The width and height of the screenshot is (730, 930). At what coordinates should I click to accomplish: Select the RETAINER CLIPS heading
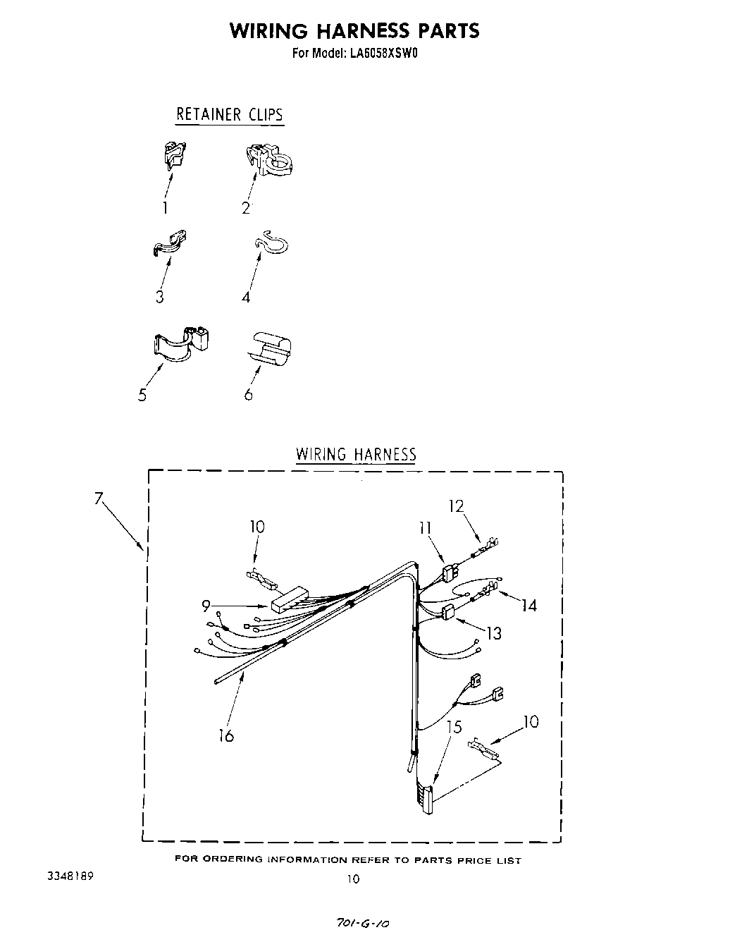tap(229, 114)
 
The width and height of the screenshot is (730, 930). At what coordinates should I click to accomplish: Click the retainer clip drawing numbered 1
tap(173, 155)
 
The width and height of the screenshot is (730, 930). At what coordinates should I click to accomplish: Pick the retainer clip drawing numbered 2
tap(271, 161)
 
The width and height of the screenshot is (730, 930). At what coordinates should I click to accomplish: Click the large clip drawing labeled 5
tap(182, 342)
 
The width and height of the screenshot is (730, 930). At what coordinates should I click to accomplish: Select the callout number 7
tap(99, 499)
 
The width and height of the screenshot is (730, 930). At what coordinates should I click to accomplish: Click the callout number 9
tap(206, 605)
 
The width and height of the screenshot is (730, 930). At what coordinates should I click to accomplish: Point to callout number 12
tap(456, 506)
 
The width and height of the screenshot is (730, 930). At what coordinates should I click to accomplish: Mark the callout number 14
tap(528, 605)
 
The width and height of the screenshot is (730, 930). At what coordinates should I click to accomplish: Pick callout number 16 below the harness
tap(225, 735)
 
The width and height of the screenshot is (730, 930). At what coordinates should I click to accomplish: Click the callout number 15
tap(454, 726)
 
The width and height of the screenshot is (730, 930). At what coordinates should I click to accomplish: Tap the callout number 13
tap(494, 633)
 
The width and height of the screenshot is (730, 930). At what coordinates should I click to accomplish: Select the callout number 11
tap(426, 528)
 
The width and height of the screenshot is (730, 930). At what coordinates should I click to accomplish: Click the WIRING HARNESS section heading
tap(356, 454)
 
